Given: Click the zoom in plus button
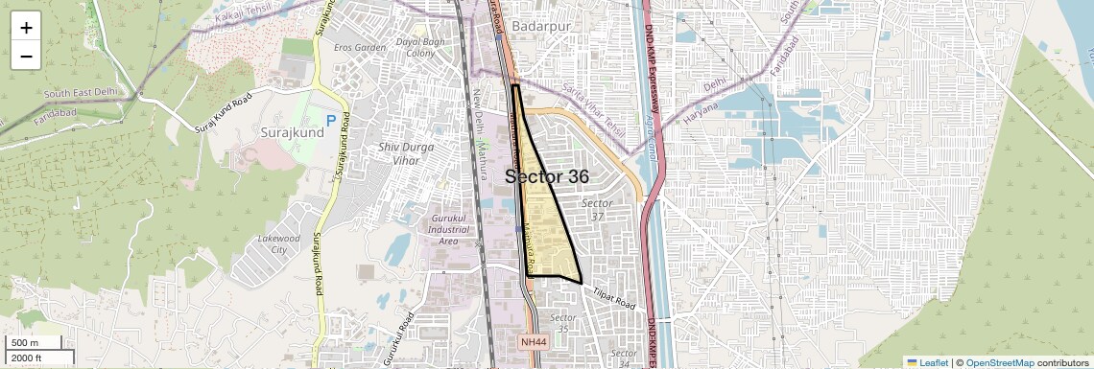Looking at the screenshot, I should click(26, 27).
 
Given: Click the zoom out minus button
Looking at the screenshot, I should click(26, 56).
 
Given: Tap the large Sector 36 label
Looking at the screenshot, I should click(547, 177).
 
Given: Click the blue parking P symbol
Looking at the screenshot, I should click(331, 121).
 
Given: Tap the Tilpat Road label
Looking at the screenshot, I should click(613, 299).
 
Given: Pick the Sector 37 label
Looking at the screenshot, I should click(597, 210).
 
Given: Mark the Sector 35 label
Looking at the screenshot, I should click(563, 323).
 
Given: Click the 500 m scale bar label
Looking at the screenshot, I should click(26, 343).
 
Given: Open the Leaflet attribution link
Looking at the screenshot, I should click(927, 362).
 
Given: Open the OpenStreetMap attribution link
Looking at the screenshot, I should click(1000, 362).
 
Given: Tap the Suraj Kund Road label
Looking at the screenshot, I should click(222, 113).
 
